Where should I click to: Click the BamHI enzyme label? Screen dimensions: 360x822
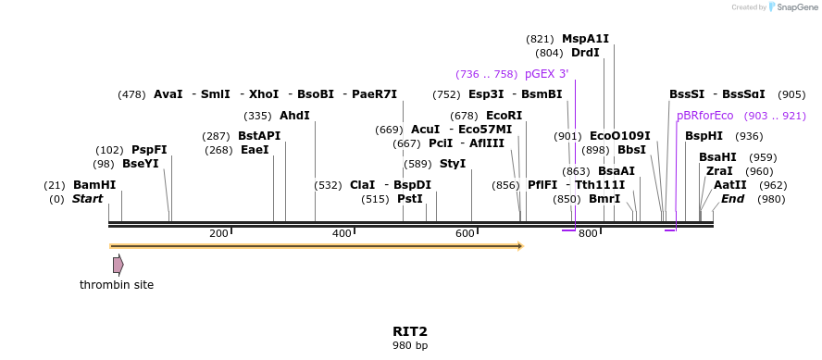coord(94,185)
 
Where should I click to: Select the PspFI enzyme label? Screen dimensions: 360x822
coord(149,150)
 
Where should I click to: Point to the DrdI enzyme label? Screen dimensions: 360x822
coord(585,53)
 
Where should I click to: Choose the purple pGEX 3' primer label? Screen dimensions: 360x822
coord(546,74)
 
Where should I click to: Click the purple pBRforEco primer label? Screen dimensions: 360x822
coord(704,116)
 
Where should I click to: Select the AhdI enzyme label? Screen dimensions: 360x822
coord(294,116)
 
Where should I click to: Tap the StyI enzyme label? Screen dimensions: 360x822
coord(452,164)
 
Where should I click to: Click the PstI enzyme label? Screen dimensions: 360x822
coord(409,199)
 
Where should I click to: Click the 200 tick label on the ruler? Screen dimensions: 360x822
coord(218,234)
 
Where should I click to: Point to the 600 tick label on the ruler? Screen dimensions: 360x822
coord(465,234)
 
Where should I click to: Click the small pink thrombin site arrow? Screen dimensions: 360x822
coord(118,265)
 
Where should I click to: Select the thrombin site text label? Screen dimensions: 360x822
coord(117,285)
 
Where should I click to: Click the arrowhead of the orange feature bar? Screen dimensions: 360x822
coord(520,246)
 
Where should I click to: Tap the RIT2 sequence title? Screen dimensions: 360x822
coord(410,331)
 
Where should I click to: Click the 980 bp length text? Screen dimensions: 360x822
coord(410,346)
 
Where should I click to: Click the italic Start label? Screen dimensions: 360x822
coord(87,199)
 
